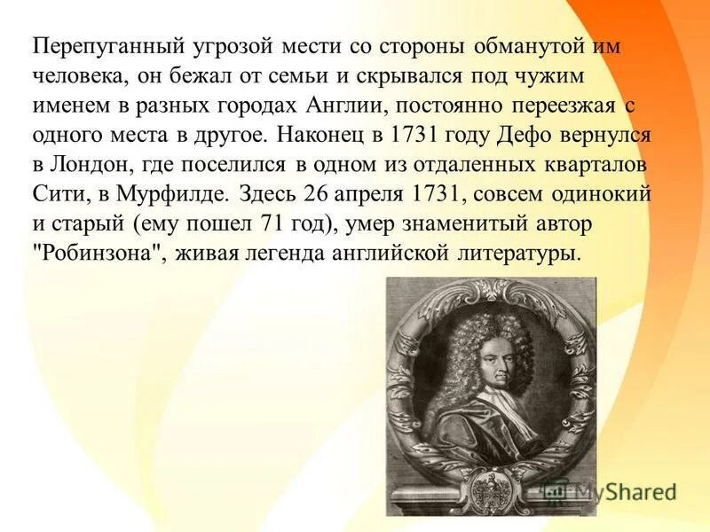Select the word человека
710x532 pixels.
77,77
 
